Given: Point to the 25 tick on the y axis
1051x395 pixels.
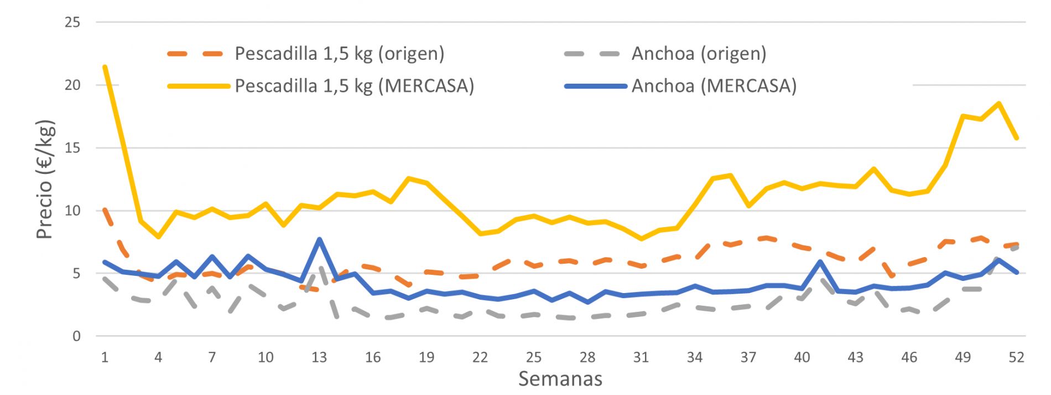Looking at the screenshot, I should point(73,22).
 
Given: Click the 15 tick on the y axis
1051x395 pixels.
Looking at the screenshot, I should point(73,148).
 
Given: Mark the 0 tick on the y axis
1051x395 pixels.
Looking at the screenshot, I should point(76,336).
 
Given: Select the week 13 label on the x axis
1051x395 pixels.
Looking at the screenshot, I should point(319,357).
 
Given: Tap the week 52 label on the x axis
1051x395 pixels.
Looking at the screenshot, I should point(1017,357).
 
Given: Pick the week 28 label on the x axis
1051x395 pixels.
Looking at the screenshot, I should point(587,357).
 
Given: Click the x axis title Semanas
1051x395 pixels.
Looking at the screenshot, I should point(560,379).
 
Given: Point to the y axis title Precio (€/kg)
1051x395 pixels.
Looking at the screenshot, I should point(45,179).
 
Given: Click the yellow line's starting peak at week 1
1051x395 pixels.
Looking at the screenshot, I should point(105,67).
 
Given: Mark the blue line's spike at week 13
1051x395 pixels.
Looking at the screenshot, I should point(319,239).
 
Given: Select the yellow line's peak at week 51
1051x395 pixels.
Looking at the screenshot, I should point(999,103).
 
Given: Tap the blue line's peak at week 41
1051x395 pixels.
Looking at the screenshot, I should point(820,261).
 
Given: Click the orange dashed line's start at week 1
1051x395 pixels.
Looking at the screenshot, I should point(105,209).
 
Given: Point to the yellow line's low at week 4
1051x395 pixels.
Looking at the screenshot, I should point(158,237).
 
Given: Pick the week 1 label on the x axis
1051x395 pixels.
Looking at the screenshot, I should point(105,357).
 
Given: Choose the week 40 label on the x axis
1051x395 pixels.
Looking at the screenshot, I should point(802,357).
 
